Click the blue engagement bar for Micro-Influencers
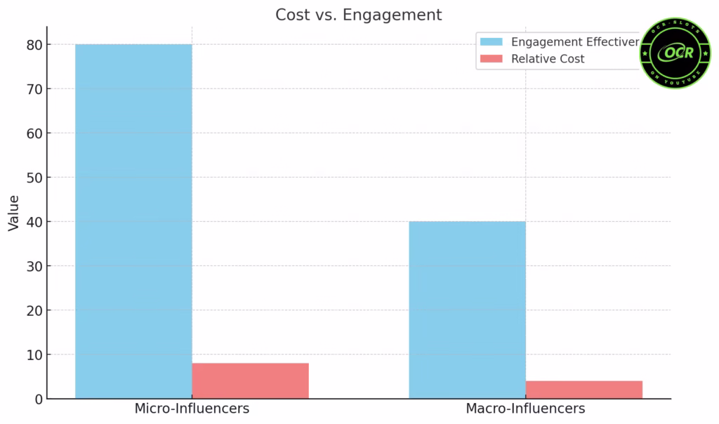(x=133, y=221)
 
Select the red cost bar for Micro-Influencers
(x=250, y=381)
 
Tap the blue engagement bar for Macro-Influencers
(x=467, y=310)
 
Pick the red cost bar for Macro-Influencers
(x=583, y=390)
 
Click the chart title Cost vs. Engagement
(x=359, y=15)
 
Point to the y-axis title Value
(x=14, y=213)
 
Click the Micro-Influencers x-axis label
(x=192, y=409)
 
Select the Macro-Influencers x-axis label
(x=525, y=409)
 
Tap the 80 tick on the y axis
(x=34, y=45)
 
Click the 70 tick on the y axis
(x=34, y=89)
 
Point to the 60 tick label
(x=34, y=133)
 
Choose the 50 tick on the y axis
(x=34, y=178)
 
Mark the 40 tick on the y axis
(x=34, y=222)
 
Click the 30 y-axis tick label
(x=34, y=266)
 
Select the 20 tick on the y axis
(x=34, y=310)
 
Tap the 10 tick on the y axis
(x=34, y=355)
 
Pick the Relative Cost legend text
(x=548, y=59)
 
